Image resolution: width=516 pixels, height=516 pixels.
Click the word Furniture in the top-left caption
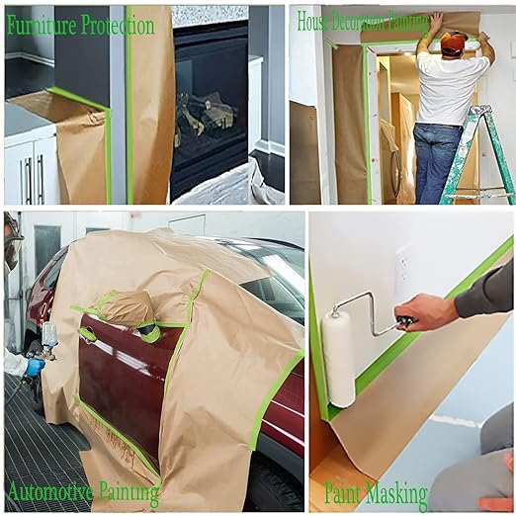click(42, 26)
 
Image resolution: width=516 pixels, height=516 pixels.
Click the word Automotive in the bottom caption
click(48, 491)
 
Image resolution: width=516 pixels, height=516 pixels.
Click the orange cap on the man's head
click(454, 42)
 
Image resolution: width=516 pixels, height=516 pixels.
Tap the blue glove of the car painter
click(34, 367)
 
